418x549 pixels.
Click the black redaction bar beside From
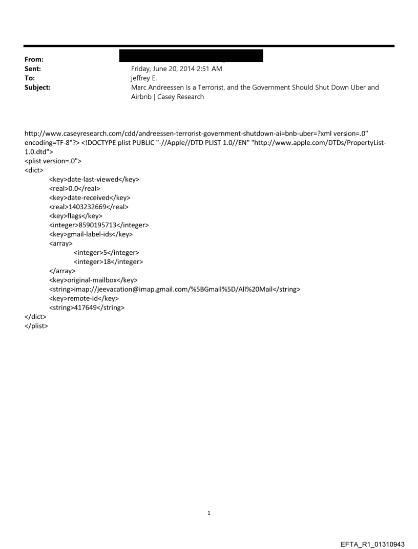(x=191, y=56)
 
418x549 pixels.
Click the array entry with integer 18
(x=108, y=261)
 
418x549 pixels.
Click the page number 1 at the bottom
(x=209, y=513)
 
